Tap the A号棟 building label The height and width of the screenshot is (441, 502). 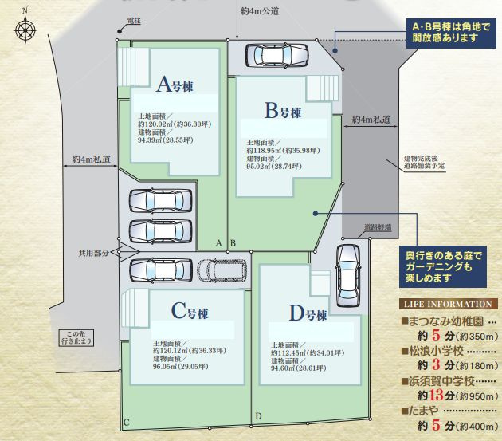175,84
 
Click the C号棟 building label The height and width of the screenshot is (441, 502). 189,311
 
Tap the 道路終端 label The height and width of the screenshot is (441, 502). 378,227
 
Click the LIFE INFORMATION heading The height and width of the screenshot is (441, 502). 448,304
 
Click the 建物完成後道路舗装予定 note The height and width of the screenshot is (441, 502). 425,163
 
